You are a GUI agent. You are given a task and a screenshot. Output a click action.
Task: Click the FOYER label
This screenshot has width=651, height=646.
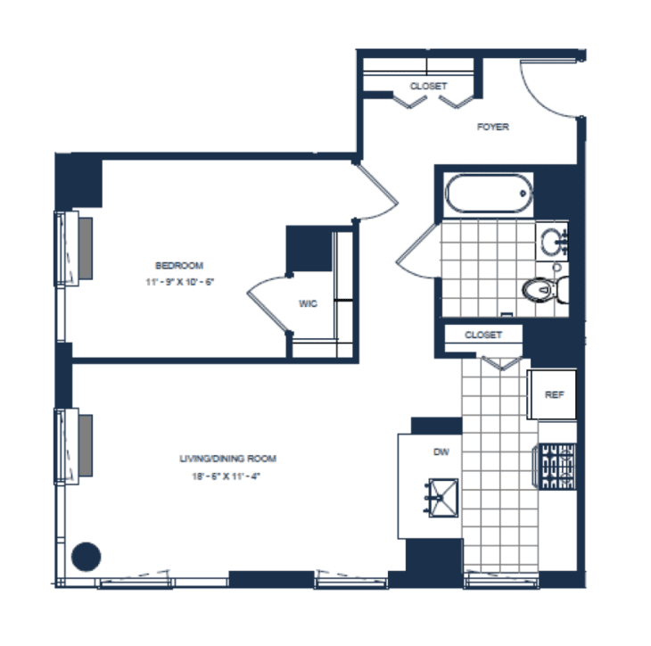(492, 127)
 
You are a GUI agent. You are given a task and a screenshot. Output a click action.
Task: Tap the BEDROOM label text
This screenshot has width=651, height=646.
(179, 265)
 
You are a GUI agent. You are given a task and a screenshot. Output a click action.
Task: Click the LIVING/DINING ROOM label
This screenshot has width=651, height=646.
(228, 459)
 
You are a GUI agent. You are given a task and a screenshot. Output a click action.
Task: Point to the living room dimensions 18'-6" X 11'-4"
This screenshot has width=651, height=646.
(228, 476)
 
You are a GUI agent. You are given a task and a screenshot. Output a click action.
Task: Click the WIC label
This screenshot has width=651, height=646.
(309, 303)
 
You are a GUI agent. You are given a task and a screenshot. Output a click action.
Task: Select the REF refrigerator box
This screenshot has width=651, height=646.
(553, 394)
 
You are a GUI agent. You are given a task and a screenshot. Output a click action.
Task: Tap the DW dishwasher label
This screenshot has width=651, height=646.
(441, 452)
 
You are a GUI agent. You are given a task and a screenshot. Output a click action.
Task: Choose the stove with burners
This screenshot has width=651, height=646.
(557, 467)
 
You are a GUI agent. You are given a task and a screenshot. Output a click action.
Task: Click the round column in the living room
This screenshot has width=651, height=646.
(86, 557)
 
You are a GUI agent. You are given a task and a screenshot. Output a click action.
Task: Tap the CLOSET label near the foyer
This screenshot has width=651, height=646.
(428, 87)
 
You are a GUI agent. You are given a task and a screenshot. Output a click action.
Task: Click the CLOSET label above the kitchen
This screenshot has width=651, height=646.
(482, 335)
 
